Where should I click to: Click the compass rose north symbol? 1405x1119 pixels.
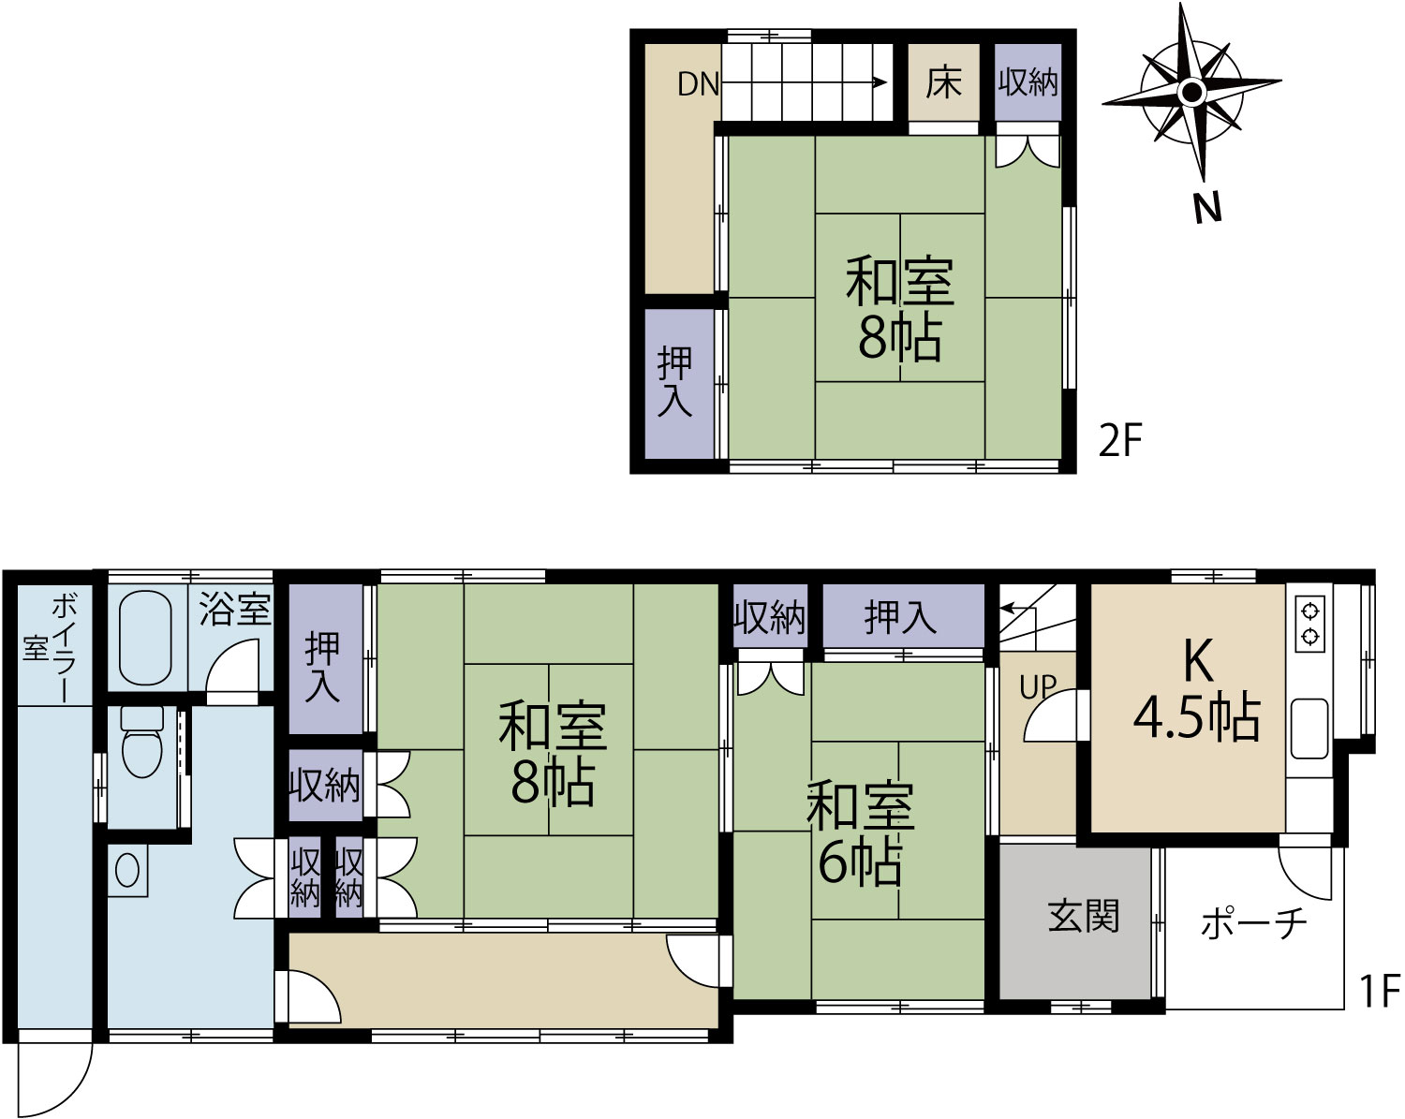1192,92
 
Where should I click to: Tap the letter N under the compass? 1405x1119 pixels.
1207,210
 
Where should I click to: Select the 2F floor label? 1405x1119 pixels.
1120,440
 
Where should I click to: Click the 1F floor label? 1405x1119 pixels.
1380,990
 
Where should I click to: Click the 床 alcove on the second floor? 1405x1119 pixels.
943,82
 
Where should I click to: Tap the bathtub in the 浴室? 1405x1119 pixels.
145,638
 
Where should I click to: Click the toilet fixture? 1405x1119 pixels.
142,741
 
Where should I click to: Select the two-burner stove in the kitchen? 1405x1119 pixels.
1309,624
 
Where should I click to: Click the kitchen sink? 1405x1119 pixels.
1309,728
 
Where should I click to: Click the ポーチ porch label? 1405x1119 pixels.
1253,922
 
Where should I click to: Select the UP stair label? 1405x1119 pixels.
1038,686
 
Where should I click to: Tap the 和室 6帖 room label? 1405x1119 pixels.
861,833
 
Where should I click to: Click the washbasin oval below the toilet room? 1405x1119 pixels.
127,870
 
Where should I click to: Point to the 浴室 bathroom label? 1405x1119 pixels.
234,609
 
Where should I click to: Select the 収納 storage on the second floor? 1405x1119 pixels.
1028,82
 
